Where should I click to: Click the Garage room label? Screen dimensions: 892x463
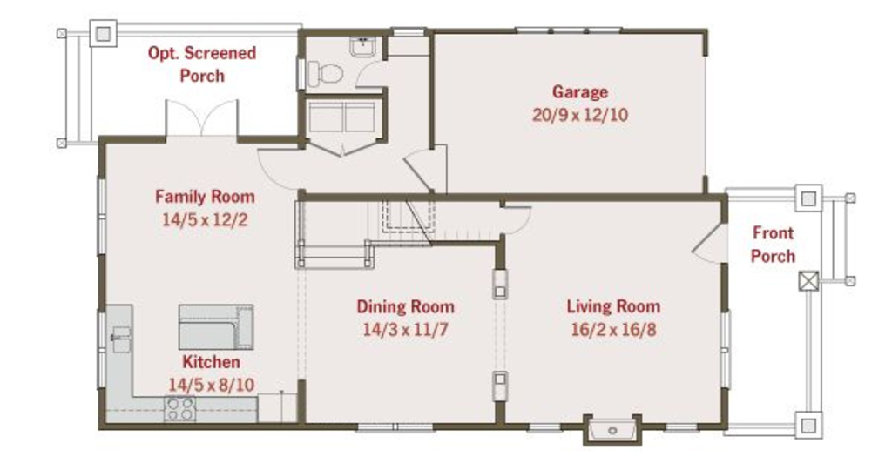click(x=579, y=92)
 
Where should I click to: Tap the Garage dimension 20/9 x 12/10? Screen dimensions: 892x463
click(x=580, y=115)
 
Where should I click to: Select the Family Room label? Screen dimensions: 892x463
click(x=205, y=197)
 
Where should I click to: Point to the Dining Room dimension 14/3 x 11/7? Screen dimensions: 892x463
click(x=406, y=330)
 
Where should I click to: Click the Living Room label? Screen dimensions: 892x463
click(x=613, y=306)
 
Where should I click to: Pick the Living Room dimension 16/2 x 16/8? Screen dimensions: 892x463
click(x=613, y=330)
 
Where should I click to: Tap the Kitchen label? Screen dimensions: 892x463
click(x=211, y=362)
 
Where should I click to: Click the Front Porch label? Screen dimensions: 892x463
click(x=773, y=245)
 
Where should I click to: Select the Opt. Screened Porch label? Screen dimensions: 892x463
click(x=202, y=64)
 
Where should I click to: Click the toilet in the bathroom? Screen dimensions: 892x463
click(x=324, y=74)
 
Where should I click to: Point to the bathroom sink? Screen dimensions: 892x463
click(x=362, y=47)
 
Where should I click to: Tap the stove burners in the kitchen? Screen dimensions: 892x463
click(x=179, y=409)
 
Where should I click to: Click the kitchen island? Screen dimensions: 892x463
click(x=216, y=326)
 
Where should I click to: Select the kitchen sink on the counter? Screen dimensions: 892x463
click(x=119, y=339)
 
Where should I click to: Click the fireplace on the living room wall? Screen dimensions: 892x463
click(x=612, y=430)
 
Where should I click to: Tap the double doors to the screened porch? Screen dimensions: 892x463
click(x=201, y=118)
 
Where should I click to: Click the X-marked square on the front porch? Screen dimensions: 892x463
click(x=808, y=281)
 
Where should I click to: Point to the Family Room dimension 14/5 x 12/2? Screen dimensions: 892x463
click(x=205, y=219)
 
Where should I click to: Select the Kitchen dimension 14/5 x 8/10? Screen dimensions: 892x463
click(x=211, y=385)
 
